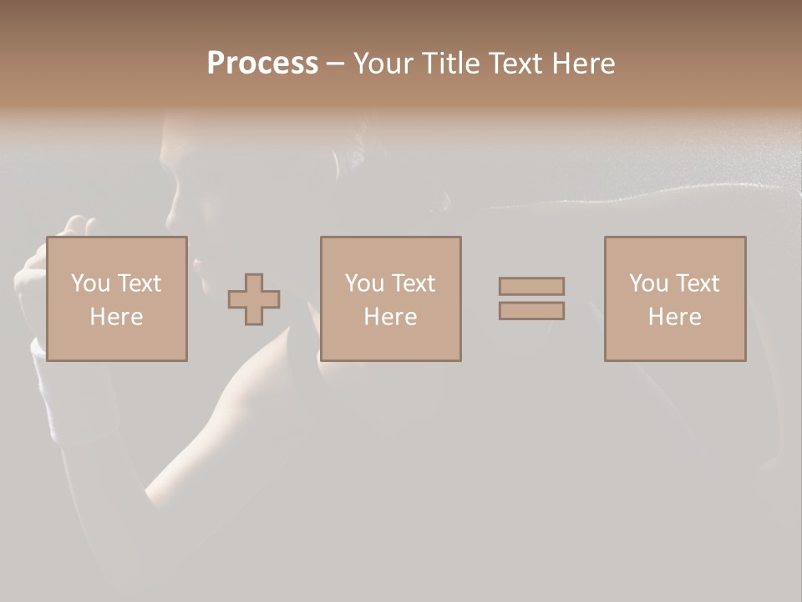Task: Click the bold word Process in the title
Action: click(262, 64)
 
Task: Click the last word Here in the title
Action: click(584, 64)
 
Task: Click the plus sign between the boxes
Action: click(254, 299)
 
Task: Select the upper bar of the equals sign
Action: click(531, 286)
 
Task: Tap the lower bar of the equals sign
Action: click(531, 311)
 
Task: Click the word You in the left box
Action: click(90, 283)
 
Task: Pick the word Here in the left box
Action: click(116, 317)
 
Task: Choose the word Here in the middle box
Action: click(390, 317)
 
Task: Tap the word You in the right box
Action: click(648, 283)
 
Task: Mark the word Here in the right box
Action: click(674, 317)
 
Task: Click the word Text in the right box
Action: click(697, 283)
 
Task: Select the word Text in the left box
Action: click(139, 283)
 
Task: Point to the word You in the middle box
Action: click(364, 283)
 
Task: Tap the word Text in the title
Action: click(513, 64)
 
